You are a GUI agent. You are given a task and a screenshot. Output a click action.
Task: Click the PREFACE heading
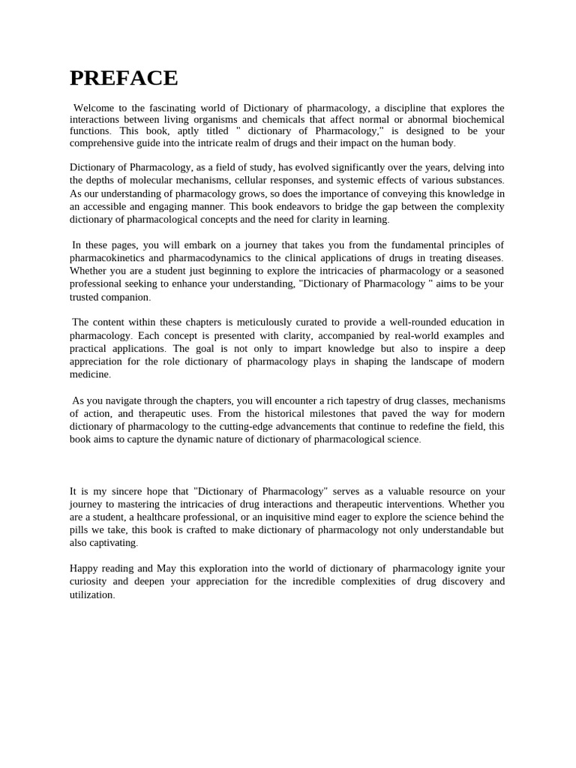tap(124, 78)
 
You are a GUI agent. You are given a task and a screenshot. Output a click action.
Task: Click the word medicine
tap(89, 374)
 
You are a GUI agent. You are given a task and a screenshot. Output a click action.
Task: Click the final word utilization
tap(91, 595)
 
